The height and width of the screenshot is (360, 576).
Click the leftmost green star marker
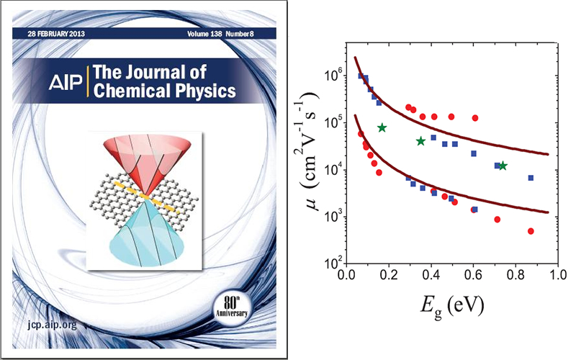pyautogui.click(x=382, y=127)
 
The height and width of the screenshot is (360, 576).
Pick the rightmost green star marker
pyautogui.click(x=503, y=166)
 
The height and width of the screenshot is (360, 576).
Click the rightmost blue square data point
pyautogui.click(x=531, y=177)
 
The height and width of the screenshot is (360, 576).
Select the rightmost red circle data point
pyautogui.click(x=531, y=231)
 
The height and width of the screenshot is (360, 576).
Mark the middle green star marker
pyautogui.click(x=420, y=141)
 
